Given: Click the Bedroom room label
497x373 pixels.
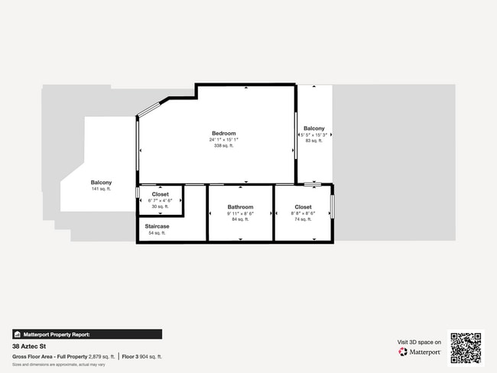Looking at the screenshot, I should [224, 133].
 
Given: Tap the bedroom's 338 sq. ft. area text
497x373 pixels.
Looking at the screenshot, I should [224, 145].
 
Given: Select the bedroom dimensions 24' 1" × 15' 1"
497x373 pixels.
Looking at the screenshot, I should [224, 139].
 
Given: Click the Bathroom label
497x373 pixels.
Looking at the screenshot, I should [240, 207].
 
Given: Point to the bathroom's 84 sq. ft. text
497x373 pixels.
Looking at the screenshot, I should [240, 219].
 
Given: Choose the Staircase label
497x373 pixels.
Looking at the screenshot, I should [157, 226].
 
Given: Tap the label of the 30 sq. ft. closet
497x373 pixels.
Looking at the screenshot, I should [160, 194].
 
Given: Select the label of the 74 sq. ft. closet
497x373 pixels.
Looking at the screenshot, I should [303, 206].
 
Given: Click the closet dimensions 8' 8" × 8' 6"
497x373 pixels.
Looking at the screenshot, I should [303, 213].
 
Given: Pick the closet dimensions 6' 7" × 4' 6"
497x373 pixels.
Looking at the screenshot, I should [160, 200].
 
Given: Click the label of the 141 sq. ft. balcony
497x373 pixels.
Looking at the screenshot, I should [101, 182].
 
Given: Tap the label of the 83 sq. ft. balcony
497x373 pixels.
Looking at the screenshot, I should [313, 128].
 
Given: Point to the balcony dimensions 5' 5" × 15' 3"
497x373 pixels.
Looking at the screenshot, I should [313, 135].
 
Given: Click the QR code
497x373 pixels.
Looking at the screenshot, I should [466, 348].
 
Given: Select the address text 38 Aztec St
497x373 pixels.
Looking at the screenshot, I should [30, 346].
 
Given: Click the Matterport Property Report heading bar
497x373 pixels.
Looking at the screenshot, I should [86, 334].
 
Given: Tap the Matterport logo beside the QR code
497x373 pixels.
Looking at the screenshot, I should [420, 352].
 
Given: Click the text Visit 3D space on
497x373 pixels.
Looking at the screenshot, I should [419, 342].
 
